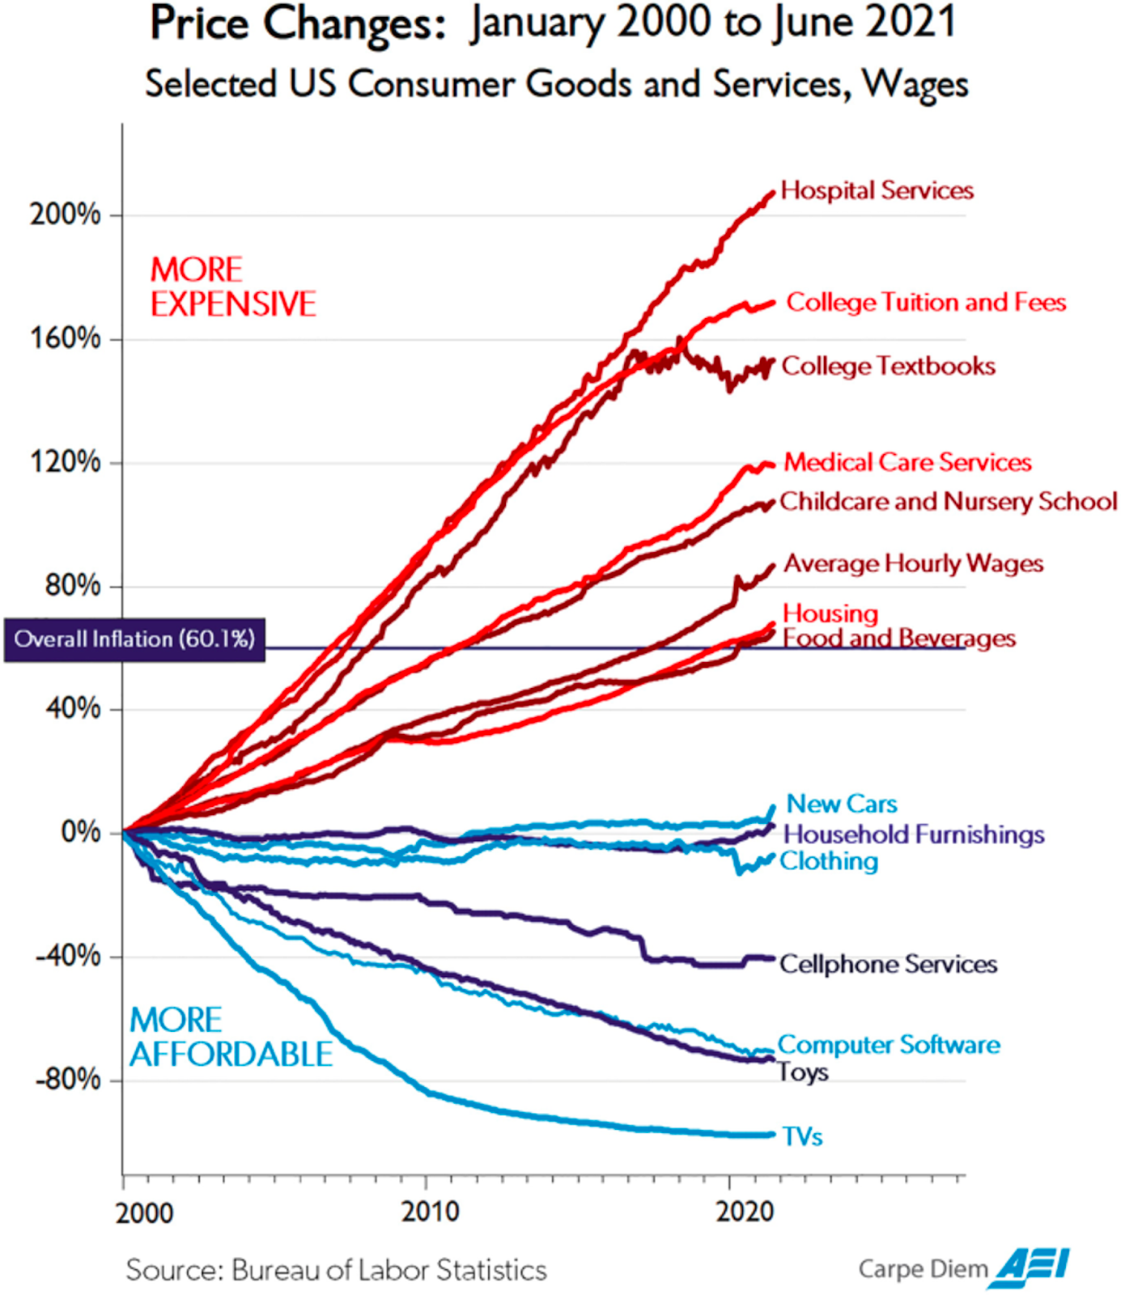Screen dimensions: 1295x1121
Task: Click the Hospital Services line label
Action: click(877, 191)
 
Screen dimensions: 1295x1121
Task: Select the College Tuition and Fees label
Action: click(926, 303)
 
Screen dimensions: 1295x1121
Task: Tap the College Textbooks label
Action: click(888, 367)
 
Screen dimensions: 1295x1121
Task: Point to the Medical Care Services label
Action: click(907, 462)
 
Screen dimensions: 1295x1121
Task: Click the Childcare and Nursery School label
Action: click(948, 502)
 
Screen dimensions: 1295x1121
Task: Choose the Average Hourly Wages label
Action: click(913, 563)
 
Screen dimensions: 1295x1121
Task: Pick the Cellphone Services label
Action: click(888, 964)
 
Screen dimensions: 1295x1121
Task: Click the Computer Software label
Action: click(889, 1045)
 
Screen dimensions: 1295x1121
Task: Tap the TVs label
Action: click(802, 1137)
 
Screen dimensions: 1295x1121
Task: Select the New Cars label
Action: click(842, 804)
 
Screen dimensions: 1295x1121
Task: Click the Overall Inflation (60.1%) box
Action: click(134, 639)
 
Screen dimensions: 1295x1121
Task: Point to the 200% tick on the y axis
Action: click(66, 215)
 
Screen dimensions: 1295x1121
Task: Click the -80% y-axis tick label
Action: click(68, 1080)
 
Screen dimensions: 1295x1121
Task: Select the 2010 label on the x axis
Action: click(430, 1212)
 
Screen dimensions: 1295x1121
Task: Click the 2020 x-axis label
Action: click(744, 1212)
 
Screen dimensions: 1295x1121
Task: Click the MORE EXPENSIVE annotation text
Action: click(232, 287)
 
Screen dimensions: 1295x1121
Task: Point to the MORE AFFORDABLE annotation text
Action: click(231, 1038)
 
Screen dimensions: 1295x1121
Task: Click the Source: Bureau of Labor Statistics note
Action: click(336, 1270)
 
